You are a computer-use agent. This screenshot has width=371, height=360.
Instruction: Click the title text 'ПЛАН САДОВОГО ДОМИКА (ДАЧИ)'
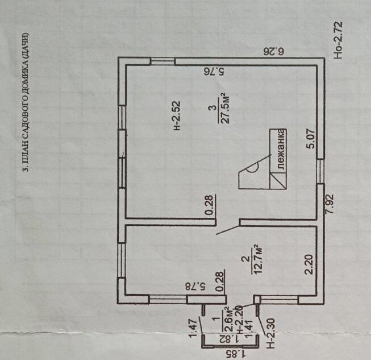tap(27, 103)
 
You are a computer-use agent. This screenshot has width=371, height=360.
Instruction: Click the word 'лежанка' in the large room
tap(281, 149)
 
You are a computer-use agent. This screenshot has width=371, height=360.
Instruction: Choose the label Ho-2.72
tap(338, 41)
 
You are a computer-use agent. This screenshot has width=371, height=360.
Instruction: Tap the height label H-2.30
tap(271, 336)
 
